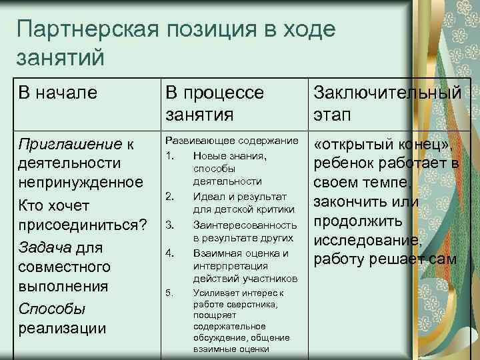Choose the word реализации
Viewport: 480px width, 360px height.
62,329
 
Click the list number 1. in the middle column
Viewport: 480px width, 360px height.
169,155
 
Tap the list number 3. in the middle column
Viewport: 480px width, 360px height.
169,225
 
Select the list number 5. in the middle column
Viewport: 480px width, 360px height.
169,293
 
